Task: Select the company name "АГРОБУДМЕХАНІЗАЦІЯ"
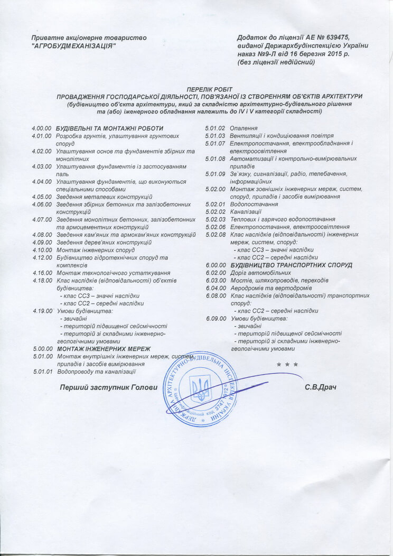click(73, 46)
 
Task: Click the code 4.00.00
click(41, 128)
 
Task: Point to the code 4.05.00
click(41, 197)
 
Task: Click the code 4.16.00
click(41, 273)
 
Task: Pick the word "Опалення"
click(244, 128)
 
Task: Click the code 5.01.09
click(216, 174)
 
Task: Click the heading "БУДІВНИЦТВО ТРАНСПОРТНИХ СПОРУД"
click(291, 265)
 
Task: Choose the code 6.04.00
click(216, 288)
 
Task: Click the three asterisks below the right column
click(287, 365)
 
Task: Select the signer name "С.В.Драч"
click(321, 387)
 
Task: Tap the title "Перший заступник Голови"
click(109, 387)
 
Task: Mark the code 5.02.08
click(216, 235)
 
